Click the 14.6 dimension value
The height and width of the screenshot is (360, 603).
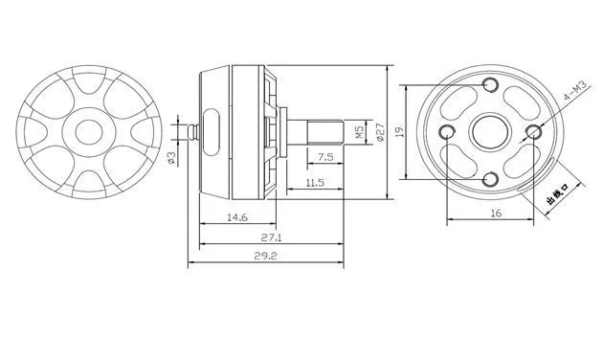point(237,217)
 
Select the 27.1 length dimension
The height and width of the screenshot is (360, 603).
point(272,237)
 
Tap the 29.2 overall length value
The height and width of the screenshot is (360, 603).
point(265,256)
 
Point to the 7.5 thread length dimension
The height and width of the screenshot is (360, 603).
point(325,157)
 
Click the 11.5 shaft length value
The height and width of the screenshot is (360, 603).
point(315,182)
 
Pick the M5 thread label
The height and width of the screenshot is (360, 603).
point(360,133)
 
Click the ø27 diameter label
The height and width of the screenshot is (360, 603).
point(380,132)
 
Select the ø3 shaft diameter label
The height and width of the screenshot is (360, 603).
point(171,158)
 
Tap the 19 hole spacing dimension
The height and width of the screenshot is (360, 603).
point(400,131)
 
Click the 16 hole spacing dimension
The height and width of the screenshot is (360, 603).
point(497,213)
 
